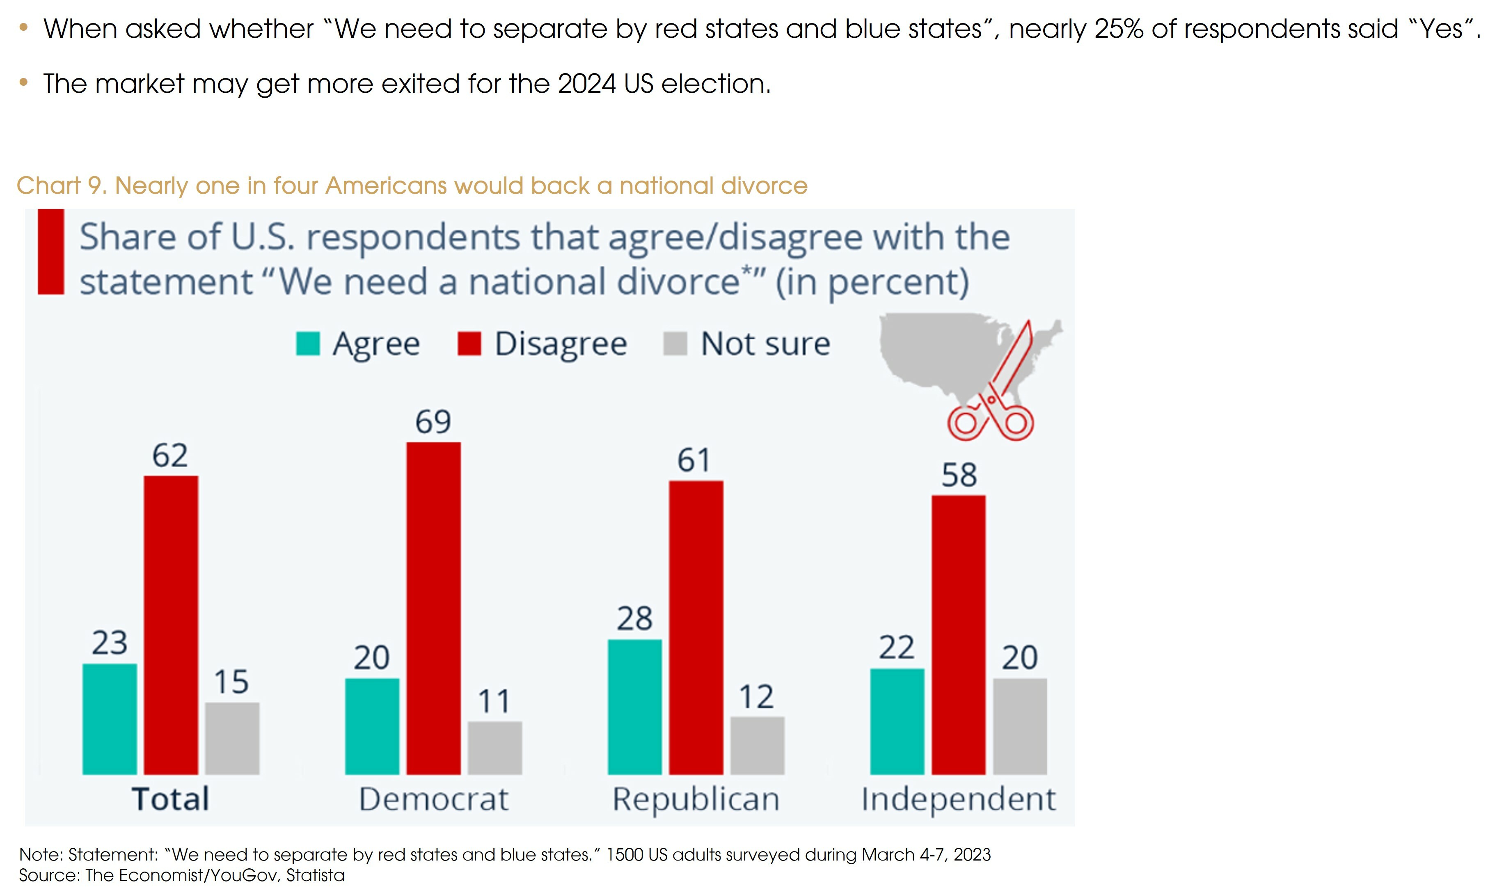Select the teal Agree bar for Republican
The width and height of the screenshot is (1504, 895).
point(634,707)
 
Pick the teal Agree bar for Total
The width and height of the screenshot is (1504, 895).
point(110,719)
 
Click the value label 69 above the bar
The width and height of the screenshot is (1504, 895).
point(433,421)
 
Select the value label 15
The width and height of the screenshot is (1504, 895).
point(231,682)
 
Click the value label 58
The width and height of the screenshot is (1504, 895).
point(959,475)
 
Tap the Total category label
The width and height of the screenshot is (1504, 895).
point(171,799)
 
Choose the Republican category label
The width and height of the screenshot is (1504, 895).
point(696,799)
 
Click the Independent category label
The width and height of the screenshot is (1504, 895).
point(958,799)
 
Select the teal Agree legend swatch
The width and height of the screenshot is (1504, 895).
point(307,344)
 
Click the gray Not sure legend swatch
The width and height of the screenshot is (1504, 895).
point(674,344)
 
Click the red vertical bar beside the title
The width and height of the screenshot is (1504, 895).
point(50,252)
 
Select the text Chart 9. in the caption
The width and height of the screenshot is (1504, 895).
point(61,186)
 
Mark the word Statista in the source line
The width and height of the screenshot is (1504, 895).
point(316,875)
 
